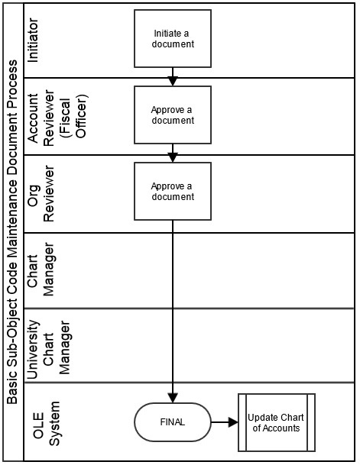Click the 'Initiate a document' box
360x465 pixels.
point(173,38)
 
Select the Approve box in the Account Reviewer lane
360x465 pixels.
point(173,115)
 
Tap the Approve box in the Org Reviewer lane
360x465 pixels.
point(173,192)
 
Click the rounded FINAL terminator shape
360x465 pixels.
point(173,422)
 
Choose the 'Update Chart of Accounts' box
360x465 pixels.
point(277,422)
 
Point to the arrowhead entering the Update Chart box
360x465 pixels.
point(233,422)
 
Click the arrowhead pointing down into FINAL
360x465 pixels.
point(173,398)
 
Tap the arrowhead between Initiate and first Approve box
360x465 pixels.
point(173,81)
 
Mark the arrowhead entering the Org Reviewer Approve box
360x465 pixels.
point(173,157)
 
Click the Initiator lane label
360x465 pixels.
point(33,40)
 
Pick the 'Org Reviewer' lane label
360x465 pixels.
point(41,194)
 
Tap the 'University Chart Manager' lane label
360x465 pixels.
point(48,347)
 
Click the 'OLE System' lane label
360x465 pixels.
point(46,424)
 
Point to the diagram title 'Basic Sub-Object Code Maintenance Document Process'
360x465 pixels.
point(12,232)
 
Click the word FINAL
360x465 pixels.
point(173,422)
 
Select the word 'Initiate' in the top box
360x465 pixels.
point(165,34)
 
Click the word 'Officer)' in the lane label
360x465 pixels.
point(81,116)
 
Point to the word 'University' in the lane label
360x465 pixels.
point(33,350)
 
